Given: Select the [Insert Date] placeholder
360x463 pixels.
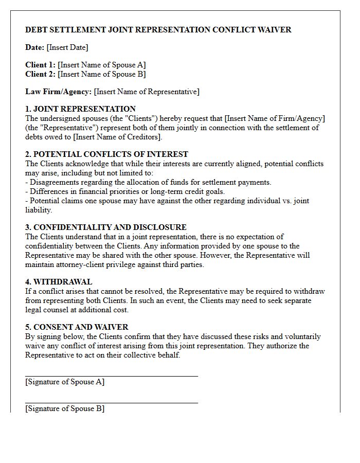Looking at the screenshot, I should point(67,47).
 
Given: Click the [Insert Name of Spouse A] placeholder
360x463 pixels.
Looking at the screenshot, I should point(102,65).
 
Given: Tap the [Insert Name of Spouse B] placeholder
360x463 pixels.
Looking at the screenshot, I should point(102,74).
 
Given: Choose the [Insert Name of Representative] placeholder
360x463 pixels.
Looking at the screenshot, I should point(147,92).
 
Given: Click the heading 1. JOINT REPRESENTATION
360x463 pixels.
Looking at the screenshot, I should point(80,109).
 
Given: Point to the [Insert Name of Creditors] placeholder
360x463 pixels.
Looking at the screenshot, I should point(118,137).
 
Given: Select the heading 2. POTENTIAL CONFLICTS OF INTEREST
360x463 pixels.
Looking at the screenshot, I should point(106,154).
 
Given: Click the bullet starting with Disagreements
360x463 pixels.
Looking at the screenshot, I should point(148,182).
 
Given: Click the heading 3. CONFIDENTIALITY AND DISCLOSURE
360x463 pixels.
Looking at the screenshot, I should point(105,227).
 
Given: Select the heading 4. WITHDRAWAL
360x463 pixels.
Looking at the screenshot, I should point(59,282).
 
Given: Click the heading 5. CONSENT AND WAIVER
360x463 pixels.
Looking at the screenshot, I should point(77,327).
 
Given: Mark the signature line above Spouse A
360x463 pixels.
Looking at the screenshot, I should point(112,376).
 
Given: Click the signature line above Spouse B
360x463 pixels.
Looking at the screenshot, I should point(112,403).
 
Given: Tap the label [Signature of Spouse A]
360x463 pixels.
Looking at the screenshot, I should point(65,382).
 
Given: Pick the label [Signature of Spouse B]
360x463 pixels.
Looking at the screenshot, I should point(65,408).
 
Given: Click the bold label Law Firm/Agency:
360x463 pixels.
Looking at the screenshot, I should point(58,92).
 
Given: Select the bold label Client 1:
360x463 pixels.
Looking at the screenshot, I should point(40,65).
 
